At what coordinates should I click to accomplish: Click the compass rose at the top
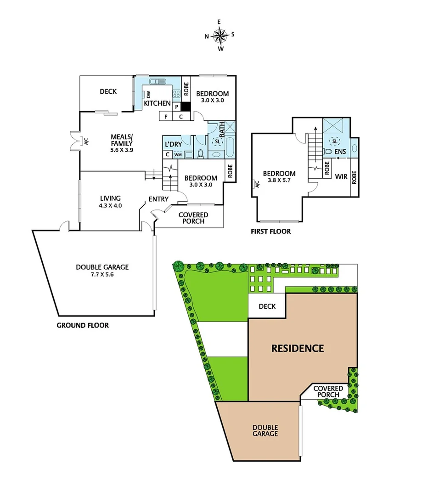tap(220, 35)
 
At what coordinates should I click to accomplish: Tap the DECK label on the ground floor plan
tap(108, 91)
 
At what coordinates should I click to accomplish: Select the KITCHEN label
tap(158, 103)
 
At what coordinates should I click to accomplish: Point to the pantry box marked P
tap(176, 107)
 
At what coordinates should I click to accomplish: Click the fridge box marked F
tap(165, 116)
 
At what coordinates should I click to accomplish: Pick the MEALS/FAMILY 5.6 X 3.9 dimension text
tap(122, 149)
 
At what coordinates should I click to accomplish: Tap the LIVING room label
tap(110, 198)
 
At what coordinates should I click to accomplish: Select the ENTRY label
tap(158, 199)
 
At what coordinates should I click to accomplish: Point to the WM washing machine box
tap(178, 154)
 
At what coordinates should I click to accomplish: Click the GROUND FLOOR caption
tap(83, 325)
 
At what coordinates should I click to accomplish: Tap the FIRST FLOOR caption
tap(270, 231)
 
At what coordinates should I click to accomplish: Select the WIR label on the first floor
tap(340, 176)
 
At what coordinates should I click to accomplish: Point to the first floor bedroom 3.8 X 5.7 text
tap(279, 181)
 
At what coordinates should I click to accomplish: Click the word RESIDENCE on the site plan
tap(298, 348)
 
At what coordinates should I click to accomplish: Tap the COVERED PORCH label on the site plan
tap(328, 391)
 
